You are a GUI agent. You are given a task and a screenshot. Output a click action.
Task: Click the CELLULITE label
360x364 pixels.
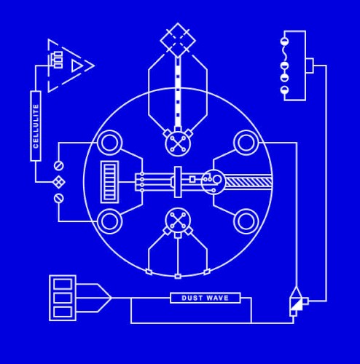36,126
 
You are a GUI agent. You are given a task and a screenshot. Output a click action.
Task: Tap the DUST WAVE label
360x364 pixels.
206,298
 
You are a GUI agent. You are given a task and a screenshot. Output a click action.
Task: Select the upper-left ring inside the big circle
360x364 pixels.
109,143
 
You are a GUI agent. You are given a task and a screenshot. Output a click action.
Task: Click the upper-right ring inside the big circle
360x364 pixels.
246,143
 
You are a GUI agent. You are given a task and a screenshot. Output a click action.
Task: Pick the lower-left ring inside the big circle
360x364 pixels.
109,221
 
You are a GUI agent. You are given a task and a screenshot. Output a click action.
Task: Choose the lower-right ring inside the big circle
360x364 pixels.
246,221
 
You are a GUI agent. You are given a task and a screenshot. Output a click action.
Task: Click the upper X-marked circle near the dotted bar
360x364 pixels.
178,143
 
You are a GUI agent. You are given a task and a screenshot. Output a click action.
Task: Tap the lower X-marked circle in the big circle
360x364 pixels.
178,221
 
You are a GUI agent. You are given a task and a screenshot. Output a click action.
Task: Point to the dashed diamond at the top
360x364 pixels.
178,40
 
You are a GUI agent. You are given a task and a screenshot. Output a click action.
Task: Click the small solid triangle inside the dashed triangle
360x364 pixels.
77,66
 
